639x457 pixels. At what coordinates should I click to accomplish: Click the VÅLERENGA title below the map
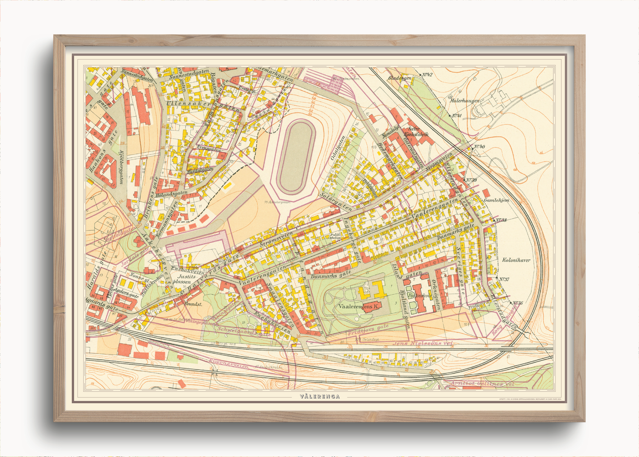click(x=319, y=396)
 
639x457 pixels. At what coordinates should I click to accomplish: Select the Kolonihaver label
click(x=516, y=259)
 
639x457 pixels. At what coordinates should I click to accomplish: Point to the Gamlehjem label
click(x=496, y=200)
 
